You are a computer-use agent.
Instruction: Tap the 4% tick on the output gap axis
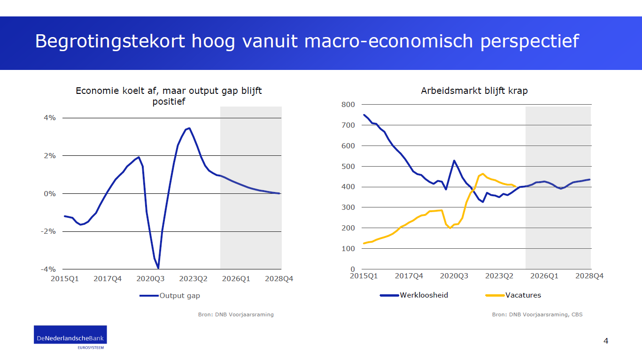pos(50,118)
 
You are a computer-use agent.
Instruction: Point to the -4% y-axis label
pos(49,269)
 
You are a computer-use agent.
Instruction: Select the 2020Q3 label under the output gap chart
pos(150,279)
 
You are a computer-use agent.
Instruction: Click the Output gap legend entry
pos(179,296)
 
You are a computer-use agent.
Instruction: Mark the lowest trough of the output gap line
pos(158,268)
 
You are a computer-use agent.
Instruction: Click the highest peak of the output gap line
pos(189,128)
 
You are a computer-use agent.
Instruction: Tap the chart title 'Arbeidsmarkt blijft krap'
pos(474,91)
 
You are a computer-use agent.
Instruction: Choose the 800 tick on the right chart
pos(348,105)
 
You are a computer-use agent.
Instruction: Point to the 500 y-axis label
pos(348,167)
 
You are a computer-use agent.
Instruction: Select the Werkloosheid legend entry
pos(424,295)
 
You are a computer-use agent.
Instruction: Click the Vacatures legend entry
pos(523,295)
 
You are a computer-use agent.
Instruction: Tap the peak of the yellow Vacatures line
pos(483,174)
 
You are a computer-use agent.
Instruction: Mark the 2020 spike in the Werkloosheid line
pos(454,161)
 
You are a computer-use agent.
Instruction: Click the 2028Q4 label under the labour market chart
pos(590,276)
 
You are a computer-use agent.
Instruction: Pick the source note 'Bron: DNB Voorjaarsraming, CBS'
pos(537,314)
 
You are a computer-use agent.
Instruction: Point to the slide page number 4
pos(606,341)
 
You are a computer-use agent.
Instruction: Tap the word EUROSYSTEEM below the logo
pos(91,347)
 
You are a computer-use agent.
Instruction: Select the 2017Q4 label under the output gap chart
pos(108,279)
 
